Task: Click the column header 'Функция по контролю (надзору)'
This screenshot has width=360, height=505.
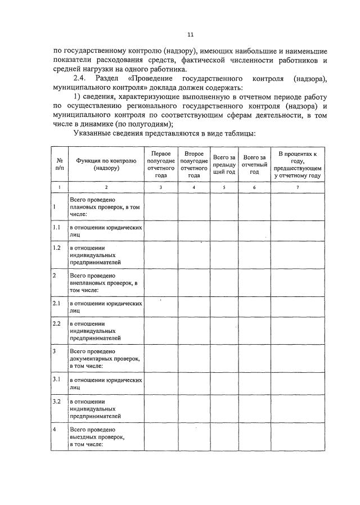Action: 106,164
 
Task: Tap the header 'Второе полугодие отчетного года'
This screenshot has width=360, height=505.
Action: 193,164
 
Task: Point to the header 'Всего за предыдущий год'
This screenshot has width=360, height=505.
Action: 224,164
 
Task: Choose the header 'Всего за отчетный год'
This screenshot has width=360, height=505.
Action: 254,164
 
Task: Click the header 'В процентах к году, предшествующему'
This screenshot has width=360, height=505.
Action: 297,164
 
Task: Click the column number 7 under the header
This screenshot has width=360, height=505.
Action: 297,186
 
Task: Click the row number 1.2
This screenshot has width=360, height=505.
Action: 56,248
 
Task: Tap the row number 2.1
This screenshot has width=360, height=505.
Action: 56,303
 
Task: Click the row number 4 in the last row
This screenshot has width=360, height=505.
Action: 54,429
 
